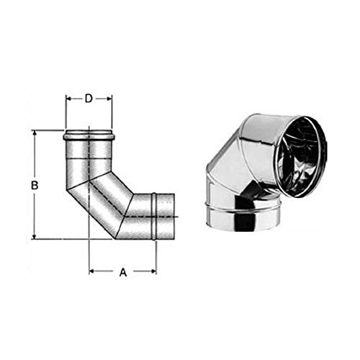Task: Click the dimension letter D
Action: [x=89, y=99]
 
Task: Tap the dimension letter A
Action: [x=122, y=272]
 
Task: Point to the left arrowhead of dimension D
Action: [x=68, y=99]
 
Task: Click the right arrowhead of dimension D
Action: [x=110, y=99]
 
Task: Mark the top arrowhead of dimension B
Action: [x=35, y=133]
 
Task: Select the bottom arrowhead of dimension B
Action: [x=35, y=236]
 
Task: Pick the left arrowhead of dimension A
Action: [x=91, y=272]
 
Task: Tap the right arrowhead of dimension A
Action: [x=154, y=272]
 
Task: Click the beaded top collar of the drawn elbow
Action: [x=89, y=135]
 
